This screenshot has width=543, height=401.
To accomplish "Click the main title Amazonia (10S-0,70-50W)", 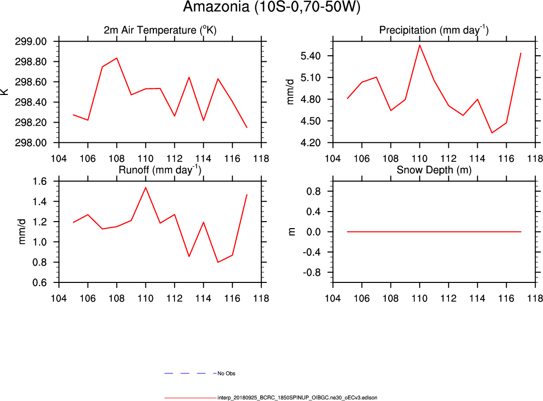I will pos(271,8).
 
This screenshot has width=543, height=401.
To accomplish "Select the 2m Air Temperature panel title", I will pos(160,30).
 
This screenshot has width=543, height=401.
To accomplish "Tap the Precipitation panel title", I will pos(433,30).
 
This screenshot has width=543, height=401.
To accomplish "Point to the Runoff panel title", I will pos(160,170).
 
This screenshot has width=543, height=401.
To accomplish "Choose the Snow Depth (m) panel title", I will pos(434,170).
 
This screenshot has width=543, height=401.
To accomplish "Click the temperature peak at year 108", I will pos(117,58).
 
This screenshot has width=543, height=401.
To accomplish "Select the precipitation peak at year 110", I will pos(419,45).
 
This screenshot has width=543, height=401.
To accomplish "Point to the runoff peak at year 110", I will pos(146,187).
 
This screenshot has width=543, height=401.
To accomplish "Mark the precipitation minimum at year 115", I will pos(492,133).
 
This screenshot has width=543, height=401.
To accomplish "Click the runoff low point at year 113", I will pos(189,256).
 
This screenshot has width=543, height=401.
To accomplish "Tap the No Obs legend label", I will pos(226,374).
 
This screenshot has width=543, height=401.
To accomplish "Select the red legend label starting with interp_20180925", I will pos(297,397).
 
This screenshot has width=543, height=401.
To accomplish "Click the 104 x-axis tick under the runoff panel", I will pos(59,298).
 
